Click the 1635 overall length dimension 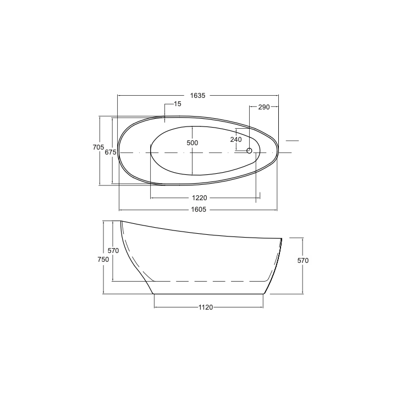pyautogui.click(x=198, y=96)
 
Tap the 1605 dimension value pyautogui.click(x=199, y=210)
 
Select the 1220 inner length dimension pyautogui.click(x=200, y=198)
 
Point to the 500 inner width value pyautogui.click(x=192, y=143)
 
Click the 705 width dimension pyautogui.click(x=98, y=147)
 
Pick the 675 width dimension pyautogui.click(x=111, y=152)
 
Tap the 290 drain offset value pyautogui.click(x=264, y=107)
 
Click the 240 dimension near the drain pyautogui.click(x=236, y=140)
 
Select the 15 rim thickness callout pyautogui.click(x=178, y=104)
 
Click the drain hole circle pyautogui.click(x=249, y=151)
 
